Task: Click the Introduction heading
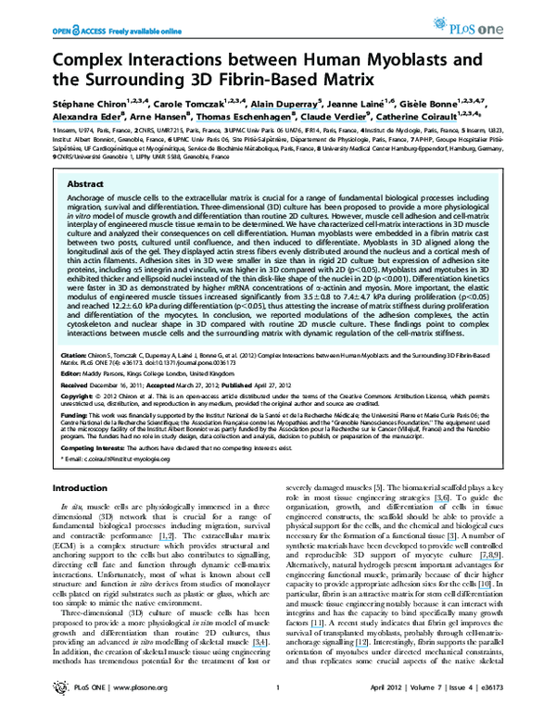pos(80,487)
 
